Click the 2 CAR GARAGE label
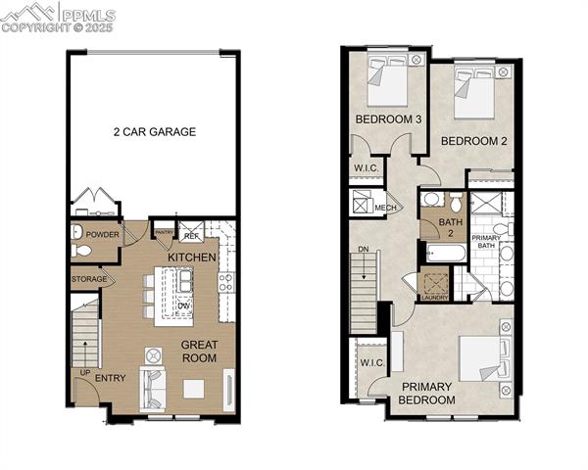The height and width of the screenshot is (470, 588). click(x=155, y=131)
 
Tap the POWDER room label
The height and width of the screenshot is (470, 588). click(x=101, y=235)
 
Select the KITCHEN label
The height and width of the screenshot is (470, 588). click(x=191, y=257)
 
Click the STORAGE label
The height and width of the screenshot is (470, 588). click(x=89, y=280)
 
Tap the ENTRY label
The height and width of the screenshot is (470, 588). click(x=110, y=379)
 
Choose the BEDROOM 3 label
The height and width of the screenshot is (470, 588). click(x=388, y=119)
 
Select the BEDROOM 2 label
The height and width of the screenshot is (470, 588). click(x=473, y=141)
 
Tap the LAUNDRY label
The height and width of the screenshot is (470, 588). click(x=433, y=297)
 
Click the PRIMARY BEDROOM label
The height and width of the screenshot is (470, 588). click(x=427, y=393)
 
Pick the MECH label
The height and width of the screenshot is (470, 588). click(x=385, y=208)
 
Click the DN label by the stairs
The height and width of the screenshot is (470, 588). click(x=363, y=250)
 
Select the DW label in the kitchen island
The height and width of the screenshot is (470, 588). click(x=183, y=305)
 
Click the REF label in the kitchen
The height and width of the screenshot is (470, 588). click(x=191, y=236)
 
